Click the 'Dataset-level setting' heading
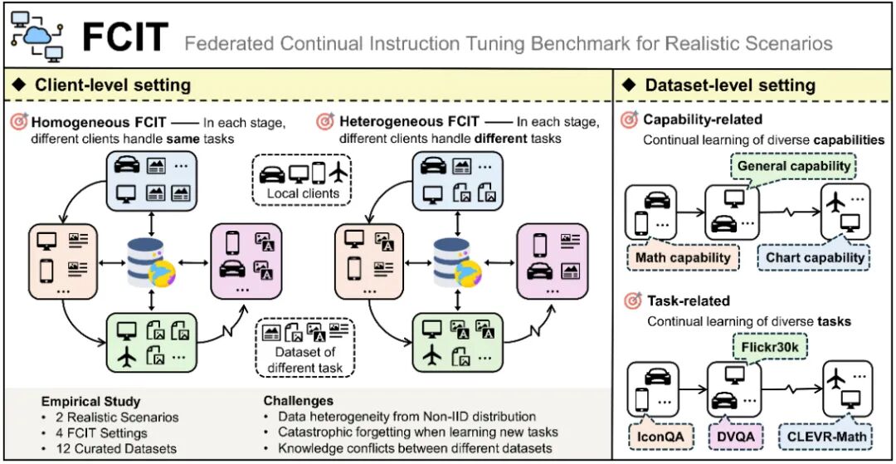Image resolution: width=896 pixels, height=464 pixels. point(730,85)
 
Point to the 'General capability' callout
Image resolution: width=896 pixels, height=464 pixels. point(794,166)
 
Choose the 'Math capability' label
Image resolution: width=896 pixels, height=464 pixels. point(683,257)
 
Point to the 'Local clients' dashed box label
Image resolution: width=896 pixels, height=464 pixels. point(303,194)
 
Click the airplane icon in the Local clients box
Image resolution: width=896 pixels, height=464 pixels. point(338,173)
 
